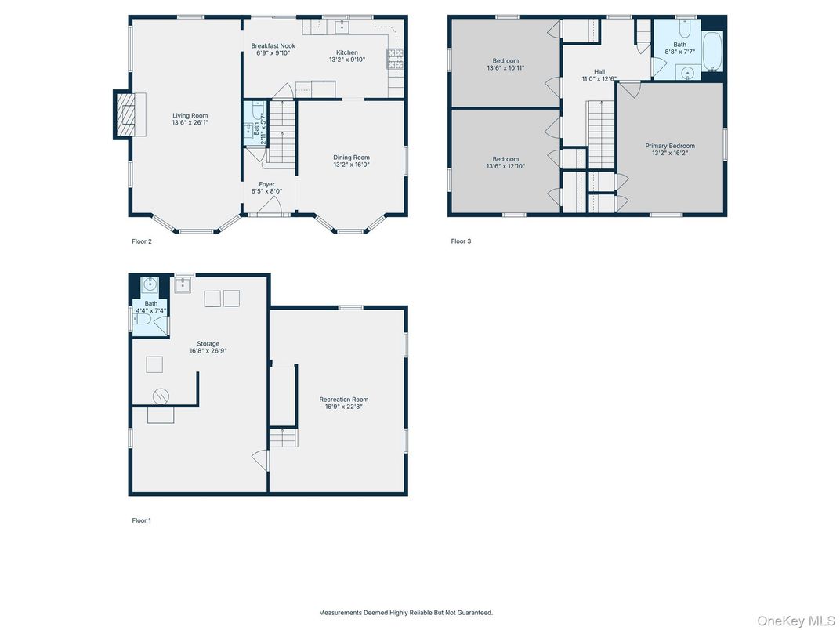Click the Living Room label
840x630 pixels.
click(x=190, y=115)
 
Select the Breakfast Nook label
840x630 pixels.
click(x=273, y=46)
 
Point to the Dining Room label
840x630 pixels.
click(x=351, y=157)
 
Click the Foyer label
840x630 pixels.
click(x=267, y=184)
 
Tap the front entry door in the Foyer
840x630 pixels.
click(x=270, y=207)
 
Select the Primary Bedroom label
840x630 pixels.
click(x=670, y=146)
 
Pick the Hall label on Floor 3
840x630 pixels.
click(x=599, y=71)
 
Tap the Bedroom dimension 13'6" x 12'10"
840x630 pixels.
click(x=505, y=166)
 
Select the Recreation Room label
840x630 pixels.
click(x=343, y=400)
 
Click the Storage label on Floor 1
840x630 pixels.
click(x=208, y=343)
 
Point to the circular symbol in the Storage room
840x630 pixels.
click(x=161, y=396)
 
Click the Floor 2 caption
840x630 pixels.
click(x=142, y=241)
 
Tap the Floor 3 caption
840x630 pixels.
click(x=461, y=241)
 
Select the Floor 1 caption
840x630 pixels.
click(x=142, y=520)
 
